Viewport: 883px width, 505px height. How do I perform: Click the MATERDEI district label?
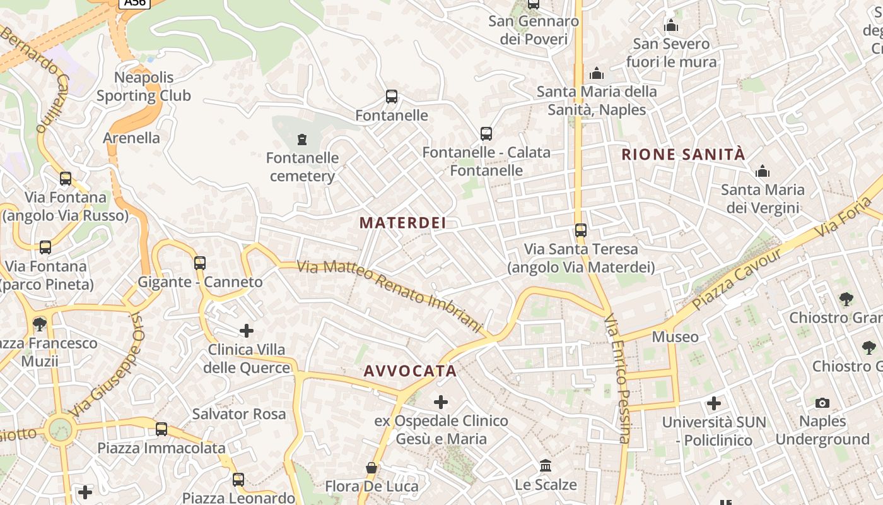[x=403, y=223]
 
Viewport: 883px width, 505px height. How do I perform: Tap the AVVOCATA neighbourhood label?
[x=410, y=371]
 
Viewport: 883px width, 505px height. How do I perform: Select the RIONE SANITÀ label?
[x=684, y=155]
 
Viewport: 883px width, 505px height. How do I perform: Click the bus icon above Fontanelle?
[x=392, y=97]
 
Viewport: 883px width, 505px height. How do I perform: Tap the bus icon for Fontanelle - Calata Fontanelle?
[x=486, y=134]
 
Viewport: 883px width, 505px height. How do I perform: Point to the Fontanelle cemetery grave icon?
[x=302, y=139]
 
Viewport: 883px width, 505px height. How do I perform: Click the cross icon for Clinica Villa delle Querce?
[x=247, y=330]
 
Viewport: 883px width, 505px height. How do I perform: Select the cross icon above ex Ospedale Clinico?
[x=441, y=401]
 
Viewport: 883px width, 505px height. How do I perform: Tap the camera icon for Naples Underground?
[x=822, y=403]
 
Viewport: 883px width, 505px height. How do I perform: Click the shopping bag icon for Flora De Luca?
[x=371, y=468]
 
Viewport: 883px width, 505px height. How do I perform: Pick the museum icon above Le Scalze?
[x=546, y=466]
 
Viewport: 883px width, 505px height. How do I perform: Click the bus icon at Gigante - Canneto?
[x=200, y=263]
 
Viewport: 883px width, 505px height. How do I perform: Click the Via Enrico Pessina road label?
[x=617, y=379]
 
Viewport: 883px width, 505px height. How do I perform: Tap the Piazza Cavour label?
[x=737, y=278]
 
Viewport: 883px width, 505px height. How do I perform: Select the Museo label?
[x=675, y=337]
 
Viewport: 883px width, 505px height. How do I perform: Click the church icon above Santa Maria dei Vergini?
[x=763, y=171]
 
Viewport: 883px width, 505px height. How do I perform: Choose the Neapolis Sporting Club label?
[x=144, y=86]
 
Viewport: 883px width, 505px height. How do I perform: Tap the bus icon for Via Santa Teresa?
[x=581, y=230]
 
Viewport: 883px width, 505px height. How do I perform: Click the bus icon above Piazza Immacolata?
[x=161, y=429]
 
